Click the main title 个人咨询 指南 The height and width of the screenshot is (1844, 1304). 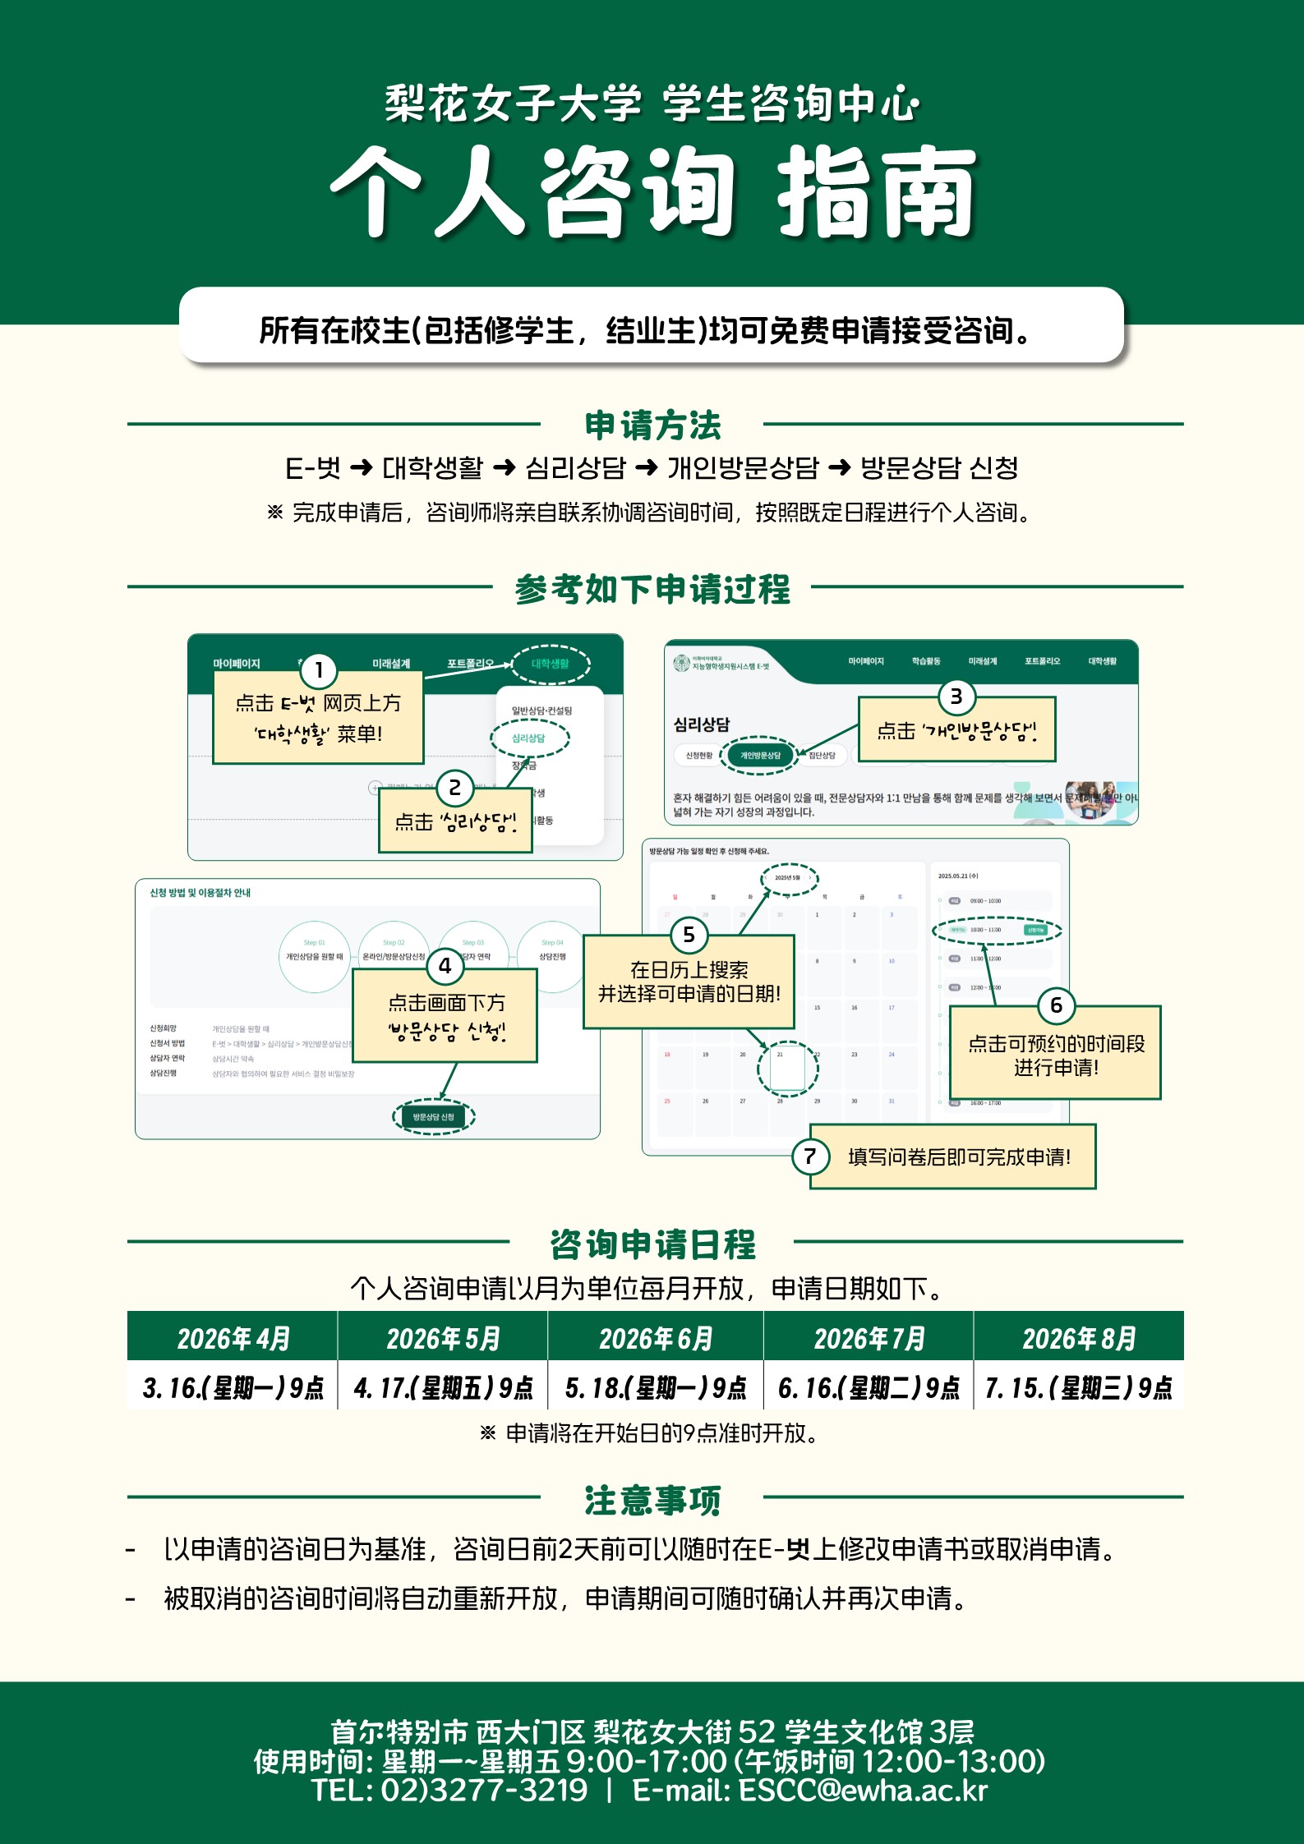[x=652, y=192]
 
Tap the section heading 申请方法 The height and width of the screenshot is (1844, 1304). [x=652, y=425]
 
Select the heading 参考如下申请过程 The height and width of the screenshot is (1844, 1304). [x=652, y=589]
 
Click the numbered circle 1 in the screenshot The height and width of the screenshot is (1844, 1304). [x=319, y=671]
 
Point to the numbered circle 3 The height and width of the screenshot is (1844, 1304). [x=956, y=697]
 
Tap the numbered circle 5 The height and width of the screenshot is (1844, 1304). [x=689, y=935]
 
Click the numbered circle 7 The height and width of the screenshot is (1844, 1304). [x=809, y=1157]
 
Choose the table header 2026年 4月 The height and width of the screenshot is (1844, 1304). [x=233, y=1338]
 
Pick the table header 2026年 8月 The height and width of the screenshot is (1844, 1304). [x=1079, y=1338]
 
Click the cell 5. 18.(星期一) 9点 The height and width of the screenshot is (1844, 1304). [x=656, y=1387]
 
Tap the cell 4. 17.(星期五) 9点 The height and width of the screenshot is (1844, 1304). [x=444, y=1387]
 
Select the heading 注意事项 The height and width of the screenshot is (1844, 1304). [x=652, y=1500]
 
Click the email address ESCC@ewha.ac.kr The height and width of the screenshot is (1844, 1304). [x=863, y=1791]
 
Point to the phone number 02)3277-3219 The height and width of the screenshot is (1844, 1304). [x=484, y=1791]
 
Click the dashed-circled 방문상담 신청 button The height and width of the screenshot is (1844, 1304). [x=434, y=1117]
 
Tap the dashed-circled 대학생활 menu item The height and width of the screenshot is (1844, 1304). [x=550, y=664]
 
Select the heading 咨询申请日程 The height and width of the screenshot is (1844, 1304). [x=652, y=1244]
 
